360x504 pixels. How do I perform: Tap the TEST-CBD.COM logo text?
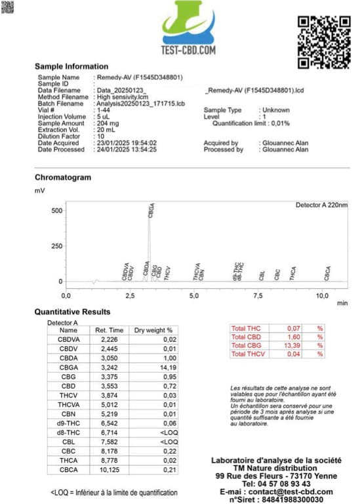pos(189,49)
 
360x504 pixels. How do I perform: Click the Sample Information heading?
pos(71,66)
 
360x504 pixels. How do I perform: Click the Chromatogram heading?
pos(63,177)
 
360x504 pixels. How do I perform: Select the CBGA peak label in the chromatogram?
pos(152,211)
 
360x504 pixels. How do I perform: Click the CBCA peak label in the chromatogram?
pos(327,274)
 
